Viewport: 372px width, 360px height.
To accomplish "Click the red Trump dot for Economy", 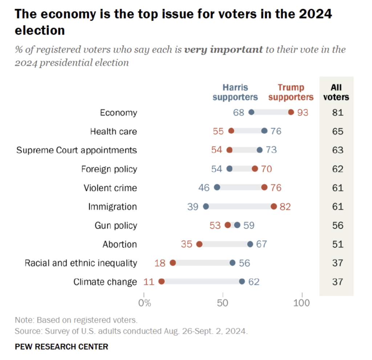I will click(x=291, y=112).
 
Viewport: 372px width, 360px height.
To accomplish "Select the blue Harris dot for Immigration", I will click(x=206, y=206).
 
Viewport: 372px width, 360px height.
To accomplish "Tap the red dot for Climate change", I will click(x=162, y=282).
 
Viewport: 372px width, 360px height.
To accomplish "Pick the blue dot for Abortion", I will click(x=250, y=244).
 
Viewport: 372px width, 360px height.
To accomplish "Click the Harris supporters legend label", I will click(x=235, y=92).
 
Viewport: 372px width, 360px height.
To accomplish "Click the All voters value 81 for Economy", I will click(x=337, y=112).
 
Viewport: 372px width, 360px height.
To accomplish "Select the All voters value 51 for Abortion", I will click(x=337, y=244).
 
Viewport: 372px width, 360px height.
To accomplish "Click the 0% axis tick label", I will click(x=145, y=303).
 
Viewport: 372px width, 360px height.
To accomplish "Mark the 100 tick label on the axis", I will click(x=302, y=303).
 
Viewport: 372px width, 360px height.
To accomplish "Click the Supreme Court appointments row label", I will click(x=77, y=150).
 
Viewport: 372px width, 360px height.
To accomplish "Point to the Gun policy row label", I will click(x=116, y=225).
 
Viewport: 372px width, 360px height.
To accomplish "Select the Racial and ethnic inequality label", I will click(x=81, y=263).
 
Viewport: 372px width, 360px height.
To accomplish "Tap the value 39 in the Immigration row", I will click(x=193, y=207).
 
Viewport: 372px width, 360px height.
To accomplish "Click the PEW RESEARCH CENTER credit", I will click(x=61, y=347).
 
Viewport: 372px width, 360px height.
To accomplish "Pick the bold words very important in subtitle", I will click(x=223, y=50).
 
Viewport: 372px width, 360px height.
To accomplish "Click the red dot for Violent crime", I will click(x=264, y=187).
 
